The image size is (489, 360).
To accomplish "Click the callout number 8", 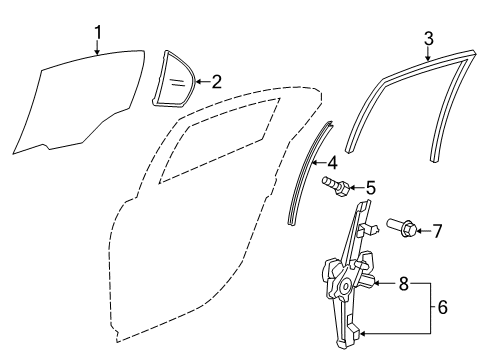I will click(x=403, y=284).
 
